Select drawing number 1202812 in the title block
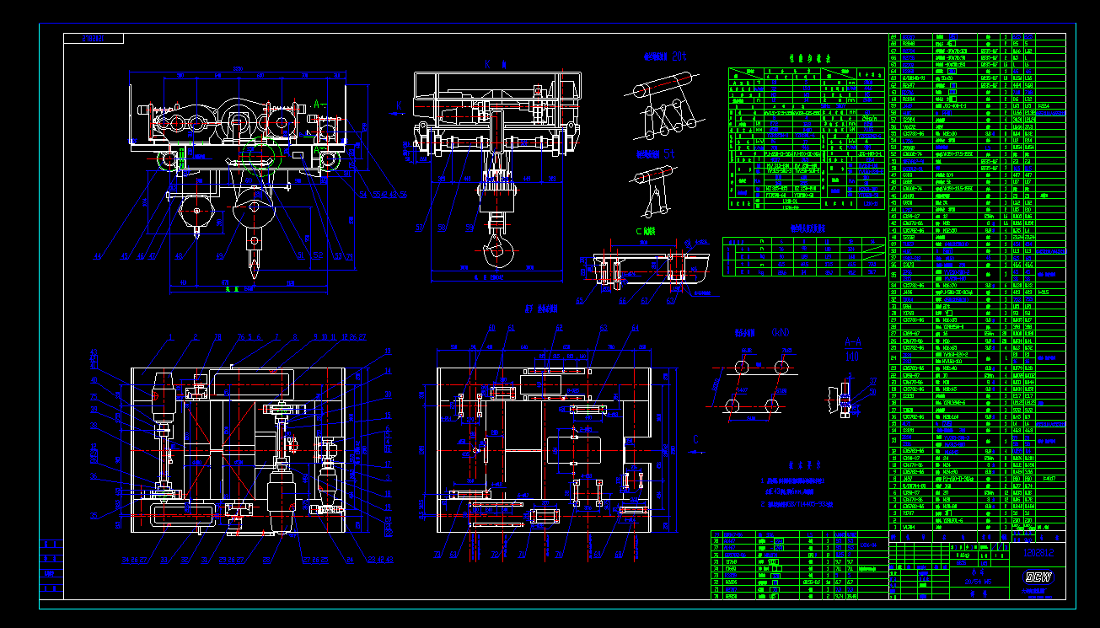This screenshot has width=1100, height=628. pos(1038,553)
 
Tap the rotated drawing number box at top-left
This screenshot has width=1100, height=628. pos(94,39)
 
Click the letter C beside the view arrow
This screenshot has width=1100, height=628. pos(695,438)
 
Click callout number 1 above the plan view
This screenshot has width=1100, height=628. pos(169,336)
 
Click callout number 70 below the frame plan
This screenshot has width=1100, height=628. pos(558,556)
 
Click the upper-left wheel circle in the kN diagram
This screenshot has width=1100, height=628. pos(741,368)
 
